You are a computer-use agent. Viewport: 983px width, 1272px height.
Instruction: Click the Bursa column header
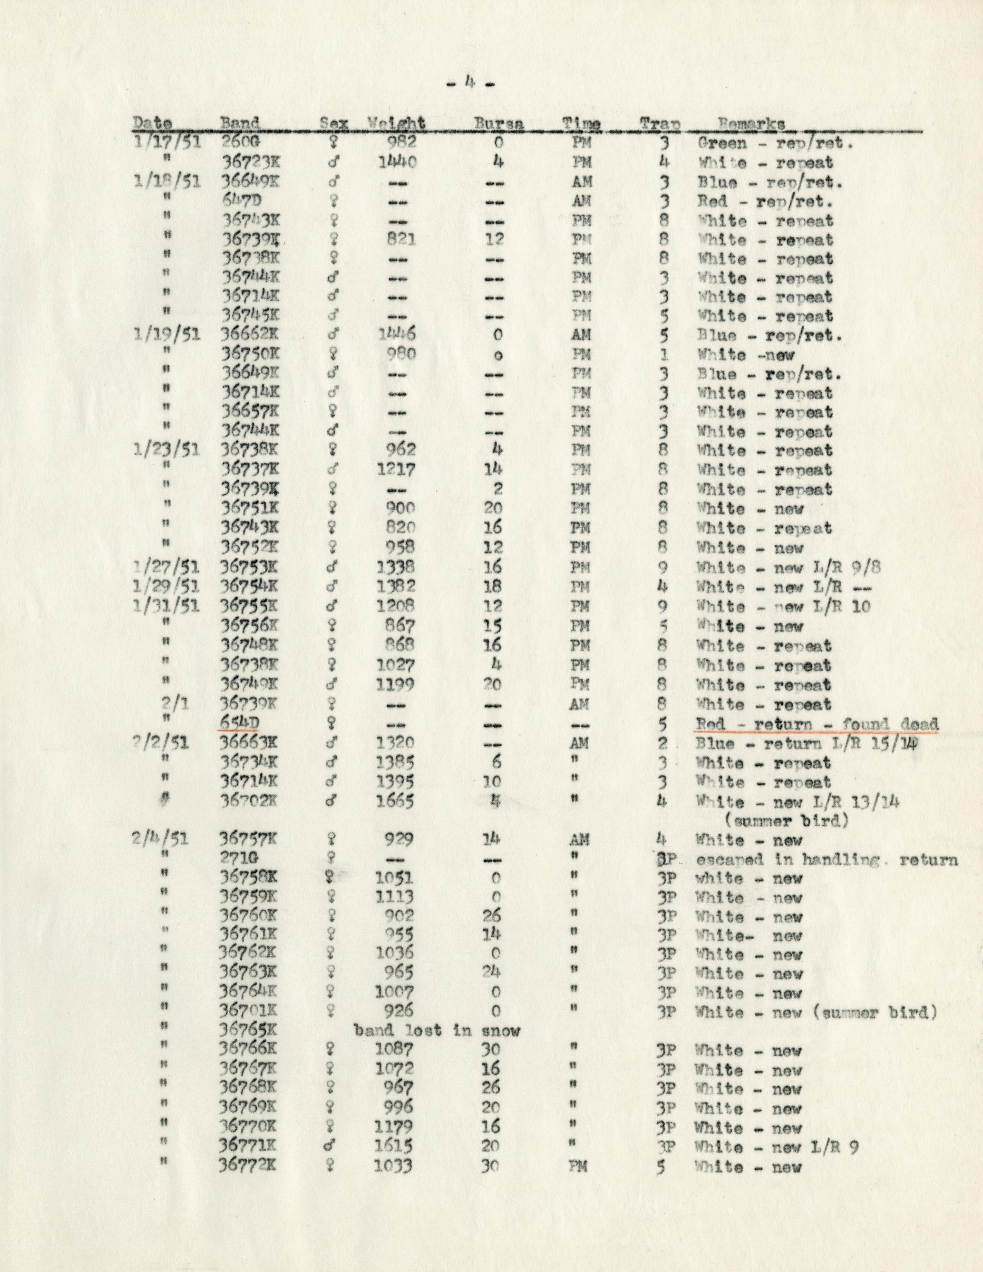(498, 124)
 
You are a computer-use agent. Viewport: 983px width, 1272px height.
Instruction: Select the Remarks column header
(751, 124)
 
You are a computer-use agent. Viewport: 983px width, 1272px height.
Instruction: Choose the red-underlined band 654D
(238, 724)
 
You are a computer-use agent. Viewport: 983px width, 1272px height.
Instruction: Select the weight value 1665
(395, 802)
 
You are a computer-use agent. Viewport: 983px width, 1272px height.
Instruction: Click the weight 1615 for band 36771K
(394, 1147)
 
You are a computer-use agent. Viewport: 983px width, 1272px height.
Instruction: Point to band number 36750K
(250, 355)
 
